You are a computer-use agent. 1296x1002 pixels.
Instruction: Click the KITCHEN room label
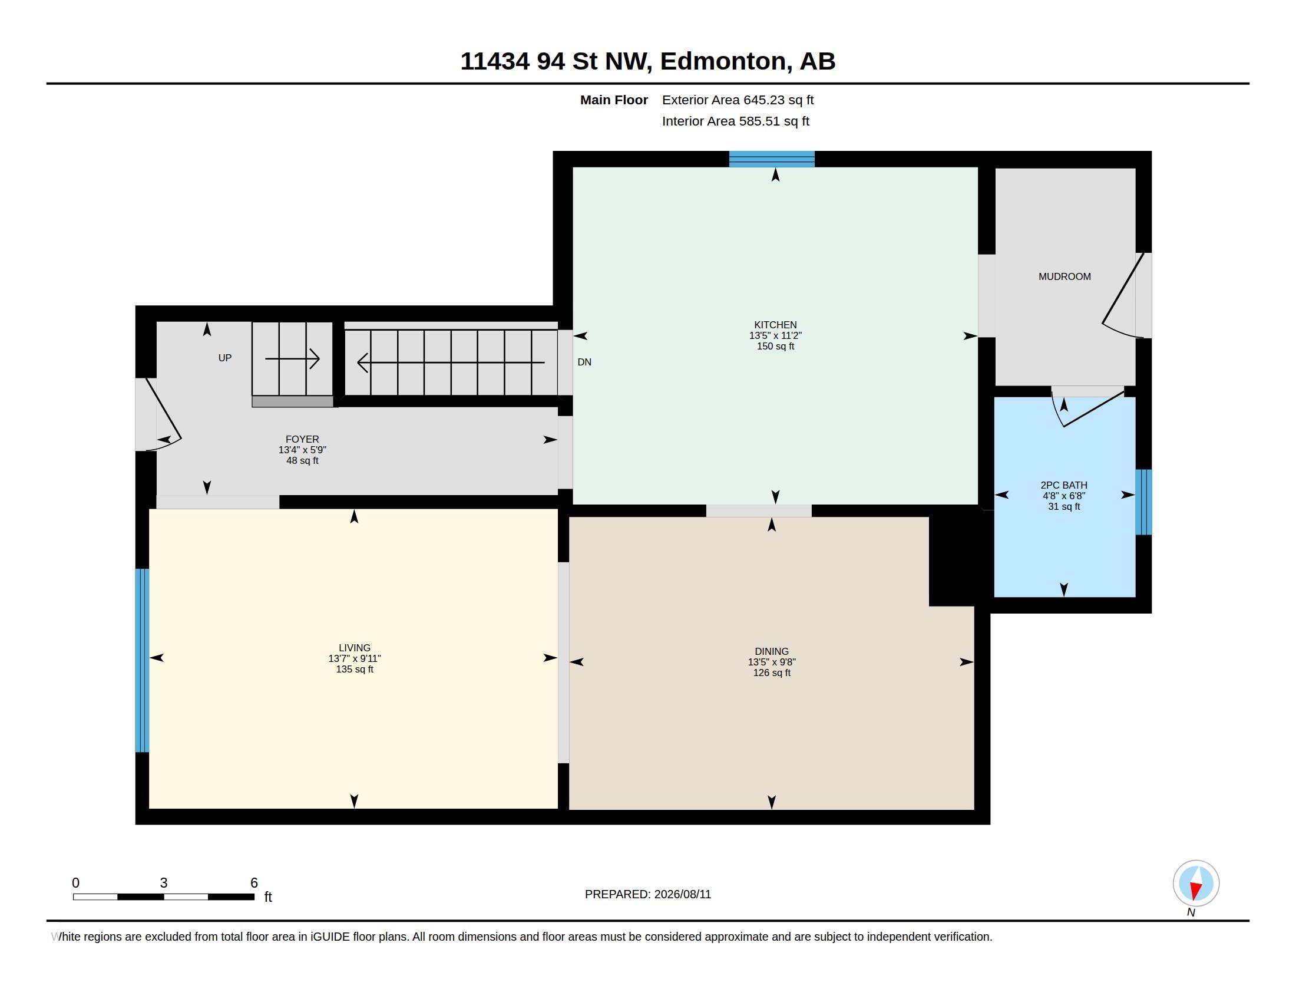(775, 325)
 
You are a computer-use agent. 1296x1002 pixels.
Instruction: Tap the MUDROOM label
(1064, 276)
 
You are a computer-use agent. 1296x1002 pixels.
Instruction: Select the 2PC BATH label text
(1064, 485)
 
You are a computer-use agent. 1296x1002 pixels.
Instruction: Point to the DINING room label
(772, 651)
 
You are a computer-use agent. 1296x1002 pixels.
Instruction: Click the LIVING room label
(354, 648)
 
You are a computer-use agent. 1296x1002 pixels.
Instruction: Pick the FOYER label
(302, 439)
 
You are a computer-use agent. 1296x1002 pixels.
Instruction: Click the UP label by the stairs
(225, 358)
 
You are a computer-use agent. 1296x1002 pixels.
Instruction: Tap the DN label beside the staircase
(584, 362)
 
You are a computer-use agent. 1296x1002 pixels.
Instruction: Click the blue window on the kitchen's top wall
(772, 159)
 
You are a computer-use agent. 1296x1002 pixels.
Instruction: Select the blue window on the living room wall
(142, 660)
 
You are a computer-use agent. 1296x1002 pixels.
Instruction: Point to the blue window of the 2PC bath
(1143, 502)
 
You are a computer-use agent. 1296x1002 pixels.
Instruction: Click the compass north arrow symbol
(1196, 883)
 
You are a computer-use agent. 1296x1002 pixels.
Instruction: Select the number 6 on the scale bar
(254, 883)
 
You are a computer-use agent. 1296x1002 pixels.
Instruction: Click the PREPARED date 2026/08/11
(682, 894)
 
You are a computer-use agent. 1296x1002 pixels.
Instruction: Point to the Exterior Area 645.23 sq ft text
(738, 100)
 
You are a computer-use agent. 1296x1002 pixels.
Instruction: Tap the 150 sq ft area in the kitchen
(775, 346)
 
